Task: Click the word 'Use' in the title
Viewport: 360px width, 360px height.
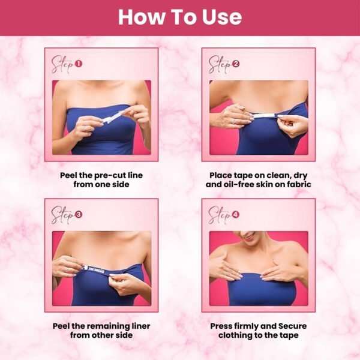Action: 222,17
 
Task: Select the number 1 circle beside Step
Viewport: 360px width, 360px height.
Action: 78,64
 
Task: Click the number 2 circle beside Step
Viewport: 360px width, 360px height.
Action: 236,64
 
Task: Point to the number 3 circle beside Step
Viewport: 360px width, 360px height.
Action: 78,215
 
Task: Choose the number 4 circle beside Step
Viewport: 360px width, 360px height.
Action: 236,215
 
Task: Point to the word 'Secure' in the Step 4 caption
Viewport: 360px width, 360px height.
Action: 293,326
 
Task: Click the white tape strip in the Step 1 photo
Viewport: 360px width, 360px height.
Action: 113,116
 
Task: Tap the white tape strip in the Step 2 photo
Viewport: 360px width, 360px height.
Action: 265,115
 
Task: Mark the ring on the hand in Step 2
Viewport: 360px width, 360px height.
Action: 233,121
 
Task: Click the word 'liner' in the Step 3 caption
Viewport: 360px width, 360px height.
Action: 141,326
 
